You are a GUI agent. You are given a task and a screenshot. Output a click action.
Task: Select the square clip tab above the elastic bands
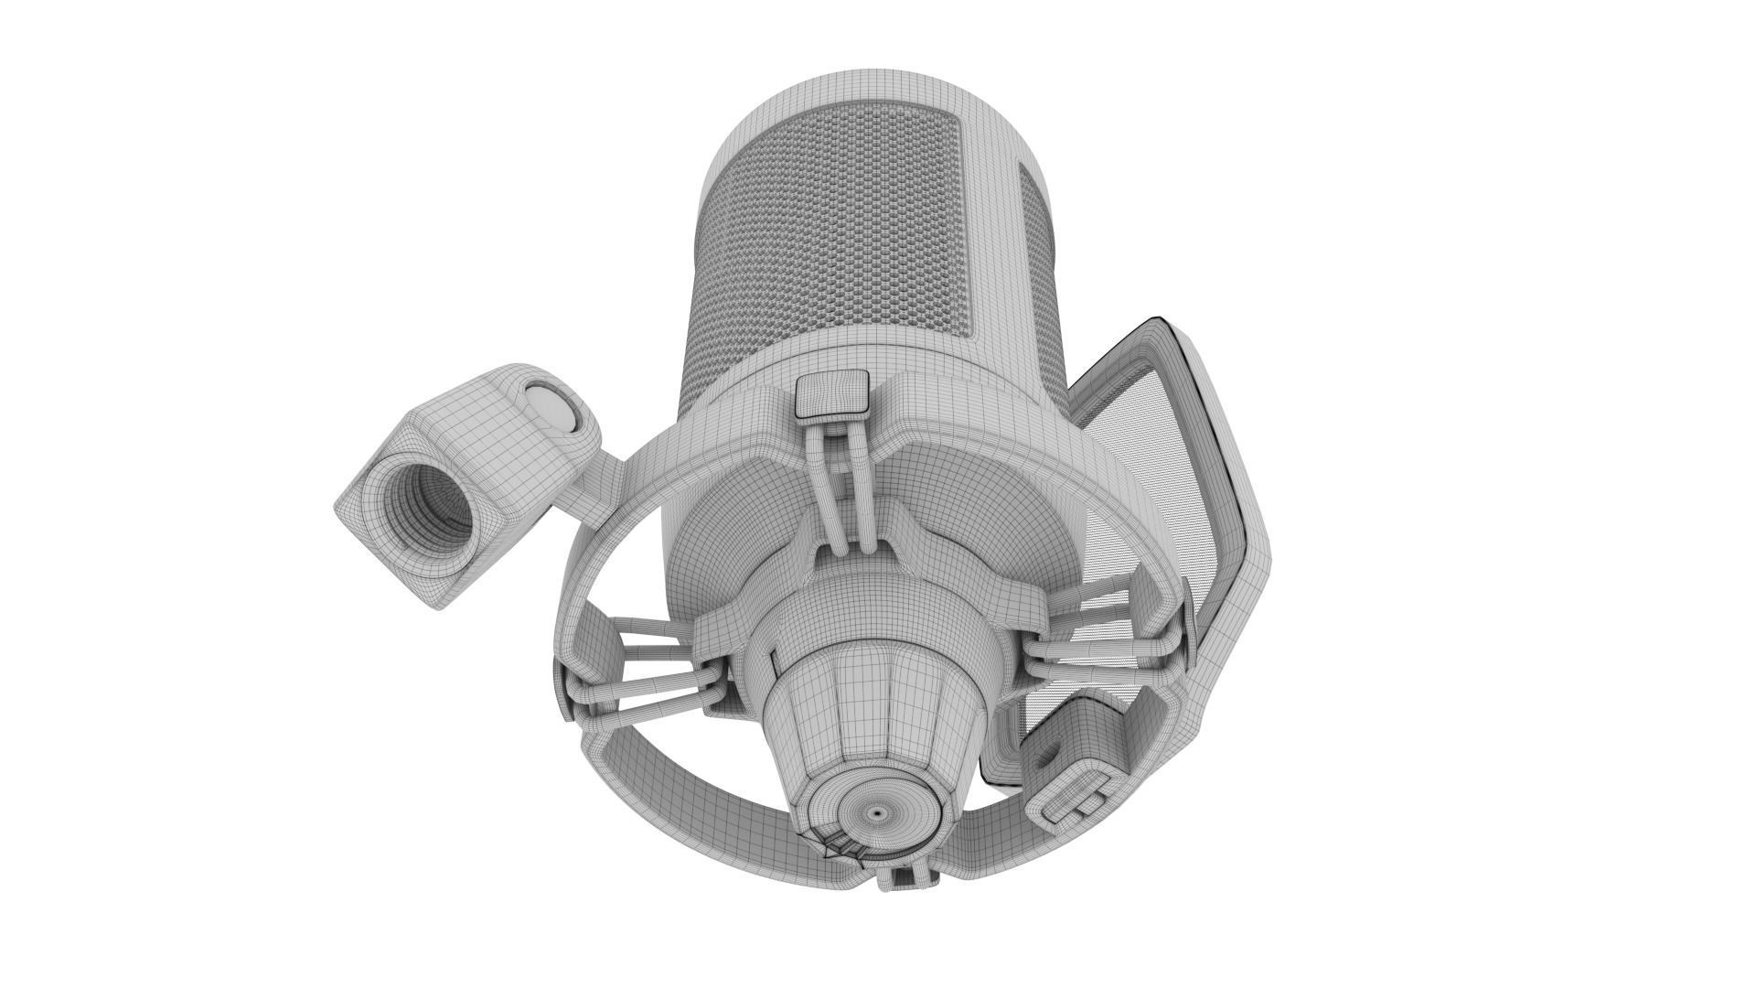[831, 392]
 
